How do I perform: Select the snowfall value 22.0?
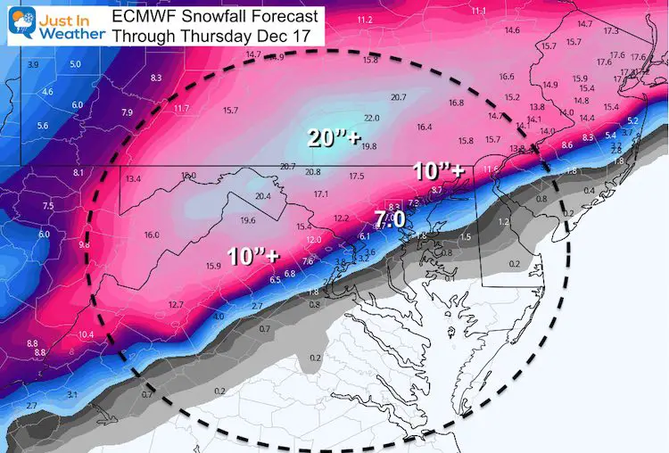(x=372, y=118)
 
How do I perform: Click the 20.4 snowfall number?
(x=263, y=196)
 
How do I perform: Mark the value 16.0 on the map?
(x=151, y=235)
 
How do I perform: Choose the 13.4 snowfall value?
(x=134, y=179)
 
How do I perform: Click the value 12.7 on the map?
(x=175, y=305)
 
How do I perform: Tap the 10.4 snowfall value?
(x=86, y=334)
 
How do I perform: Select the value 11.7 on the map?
(x=182, y=109)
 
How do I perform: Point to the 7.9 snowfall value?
(x=127, y=112)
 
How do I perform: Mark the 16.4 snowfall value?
(x=425, y=127)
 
